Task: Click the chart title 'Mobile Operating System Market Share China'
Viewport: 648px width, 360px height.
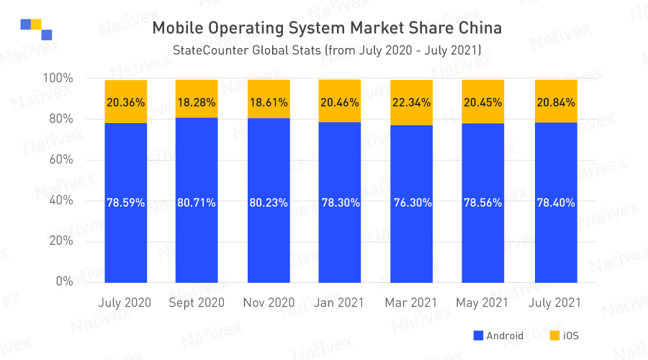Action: (x=327, y=28)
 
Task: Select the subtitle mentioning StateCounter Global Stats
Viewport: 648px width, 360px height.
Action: (x=327, y=50)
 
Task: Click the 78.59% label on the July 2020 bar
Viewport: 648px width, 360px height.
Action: (x=125, y=203)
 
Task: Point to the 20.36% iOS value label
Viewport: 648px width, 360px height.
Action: (x=125, y=102)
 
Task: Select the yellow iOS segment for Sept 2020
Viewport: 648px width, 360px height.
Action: (x=197, y=99)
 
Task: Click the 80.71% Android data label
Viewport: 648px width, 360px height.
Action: (x=197, y=203)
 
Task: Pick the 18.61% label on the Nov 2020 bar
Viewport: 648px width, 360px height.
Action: (x=269, y=102)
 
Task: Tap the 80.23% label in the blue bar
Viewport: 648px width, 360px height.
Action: (x=269, y=203)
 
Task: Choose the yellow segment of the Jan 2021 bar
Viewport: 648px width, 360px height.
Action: (x=340, y=101)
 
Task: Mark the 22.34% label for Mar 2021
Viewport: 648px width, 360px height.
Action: (x=412, y=102)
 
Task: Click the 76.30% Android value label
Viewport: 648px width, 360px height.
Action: (x=412, y=203)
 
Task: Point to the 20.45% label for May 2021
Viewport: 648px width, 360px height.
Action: (x=483, y=102)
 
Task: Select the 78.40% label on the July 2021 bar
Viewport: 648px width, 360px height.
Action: (x=555, y=203)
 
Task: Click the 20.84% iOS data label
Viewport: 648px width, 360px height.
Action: (x=555, y=102)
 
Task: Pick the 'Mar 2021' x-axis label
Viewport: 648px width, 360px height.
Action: (x=412, y=302)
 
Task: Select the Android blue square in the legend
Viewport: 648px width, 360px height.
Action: (x=477, y=336)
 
